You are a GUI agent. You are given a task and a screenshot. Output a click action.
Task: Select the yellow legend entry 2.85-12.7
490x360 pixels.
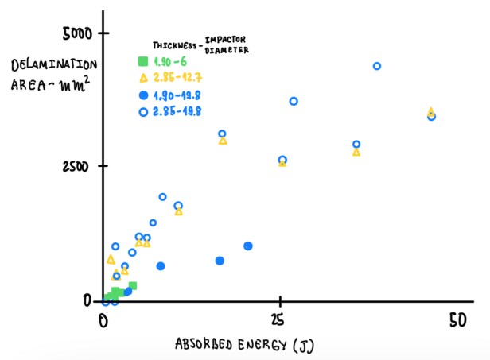point(178,78)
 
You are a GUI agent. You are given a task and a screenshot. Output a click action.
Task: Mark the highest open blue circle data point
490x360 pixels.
point(377,66)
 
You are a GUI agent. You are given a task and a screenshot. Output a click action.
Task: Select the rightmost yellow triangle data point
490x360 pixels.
point(431,112)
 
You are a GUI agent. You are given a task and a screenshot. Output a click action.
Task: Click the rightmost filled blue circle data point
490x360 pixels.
point(248,246)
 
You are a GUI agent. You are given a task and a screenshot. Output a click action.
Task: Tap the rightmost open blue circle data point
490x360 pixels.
point(432,117)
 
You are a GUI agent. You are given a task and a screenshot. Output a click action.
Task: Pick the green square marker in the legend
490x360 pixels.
point(142,61)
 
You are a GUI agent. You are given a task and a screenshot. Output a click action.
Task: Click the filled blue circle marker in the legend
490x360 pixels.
point(142,95)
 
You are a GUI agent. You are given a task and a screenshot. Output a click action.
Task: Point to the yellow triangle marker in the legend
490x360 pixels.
point(143,78)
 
